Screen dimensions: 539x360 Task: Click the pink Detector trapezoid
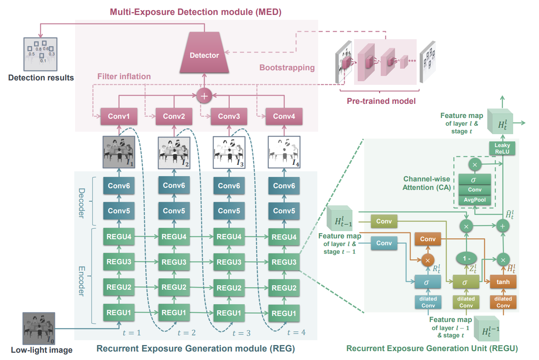(x=204, y=53)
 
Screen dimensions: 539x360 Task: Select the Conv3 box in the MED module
(x=229, y=116)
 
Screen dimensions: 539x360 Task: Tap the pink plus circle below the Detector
(x=204, y=96)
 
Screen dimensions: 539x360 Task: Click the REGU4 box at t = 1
(x=119, y=236)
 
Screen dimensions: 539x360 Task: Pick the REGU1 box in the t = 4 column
(x=284, y=313)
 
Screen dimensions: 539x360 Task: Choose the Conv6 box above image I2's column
(x=174, y=185)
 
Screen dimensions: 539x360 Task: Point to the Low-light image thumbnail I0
(x=39, y=328)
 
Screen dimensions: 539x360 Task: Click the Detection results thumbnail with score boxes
(x=40, y=54)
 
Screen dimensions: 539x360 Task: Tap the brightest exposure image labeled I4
(x=284, y=152)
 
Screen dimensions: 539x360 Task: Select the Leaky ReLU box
(x=502, y=148)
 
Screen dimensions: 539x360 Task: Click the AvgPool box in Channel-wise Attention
(x=475, y=200)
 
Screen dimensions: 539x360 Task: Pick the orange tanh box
(x=503, y=282)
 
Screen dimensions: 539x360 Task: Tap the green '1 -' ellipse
(x=466, y=259)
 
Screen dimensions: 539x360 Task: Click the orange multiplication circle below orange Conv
(x=428, y=260)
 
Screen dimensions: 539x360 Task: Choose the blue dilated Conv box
(x=428, y=302)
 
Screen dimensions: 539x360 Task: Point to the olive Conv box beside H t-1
(x=384, y=221)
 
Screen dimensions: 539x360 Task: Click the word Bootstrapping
(x=287, y=67)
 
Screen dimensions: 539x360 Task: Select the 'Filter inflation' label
(x=124, y=76)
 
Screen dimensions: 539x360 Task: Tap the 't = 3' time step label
(x=241, y=333)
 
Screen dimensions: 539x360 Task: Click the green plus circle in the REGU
(x=503, y=226)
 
